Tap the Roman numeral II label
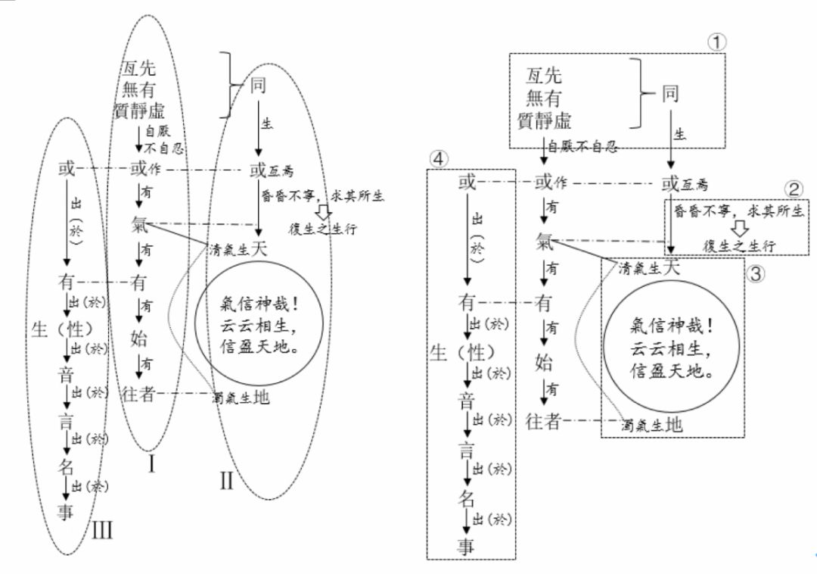226,480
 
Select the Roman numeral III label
101,529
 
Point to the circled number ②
792,189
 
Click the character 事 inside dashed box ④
466,546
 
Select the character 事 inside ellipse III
67,513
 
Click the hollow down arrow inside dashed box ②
731,228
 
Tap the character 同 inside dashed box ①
670,95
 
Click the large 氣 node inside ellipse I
139,224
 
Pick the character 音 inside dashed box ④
466,401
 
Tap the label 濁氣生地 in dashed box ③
651,425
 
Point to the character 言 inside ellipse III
67,421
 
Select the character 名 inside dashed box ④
466,498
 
